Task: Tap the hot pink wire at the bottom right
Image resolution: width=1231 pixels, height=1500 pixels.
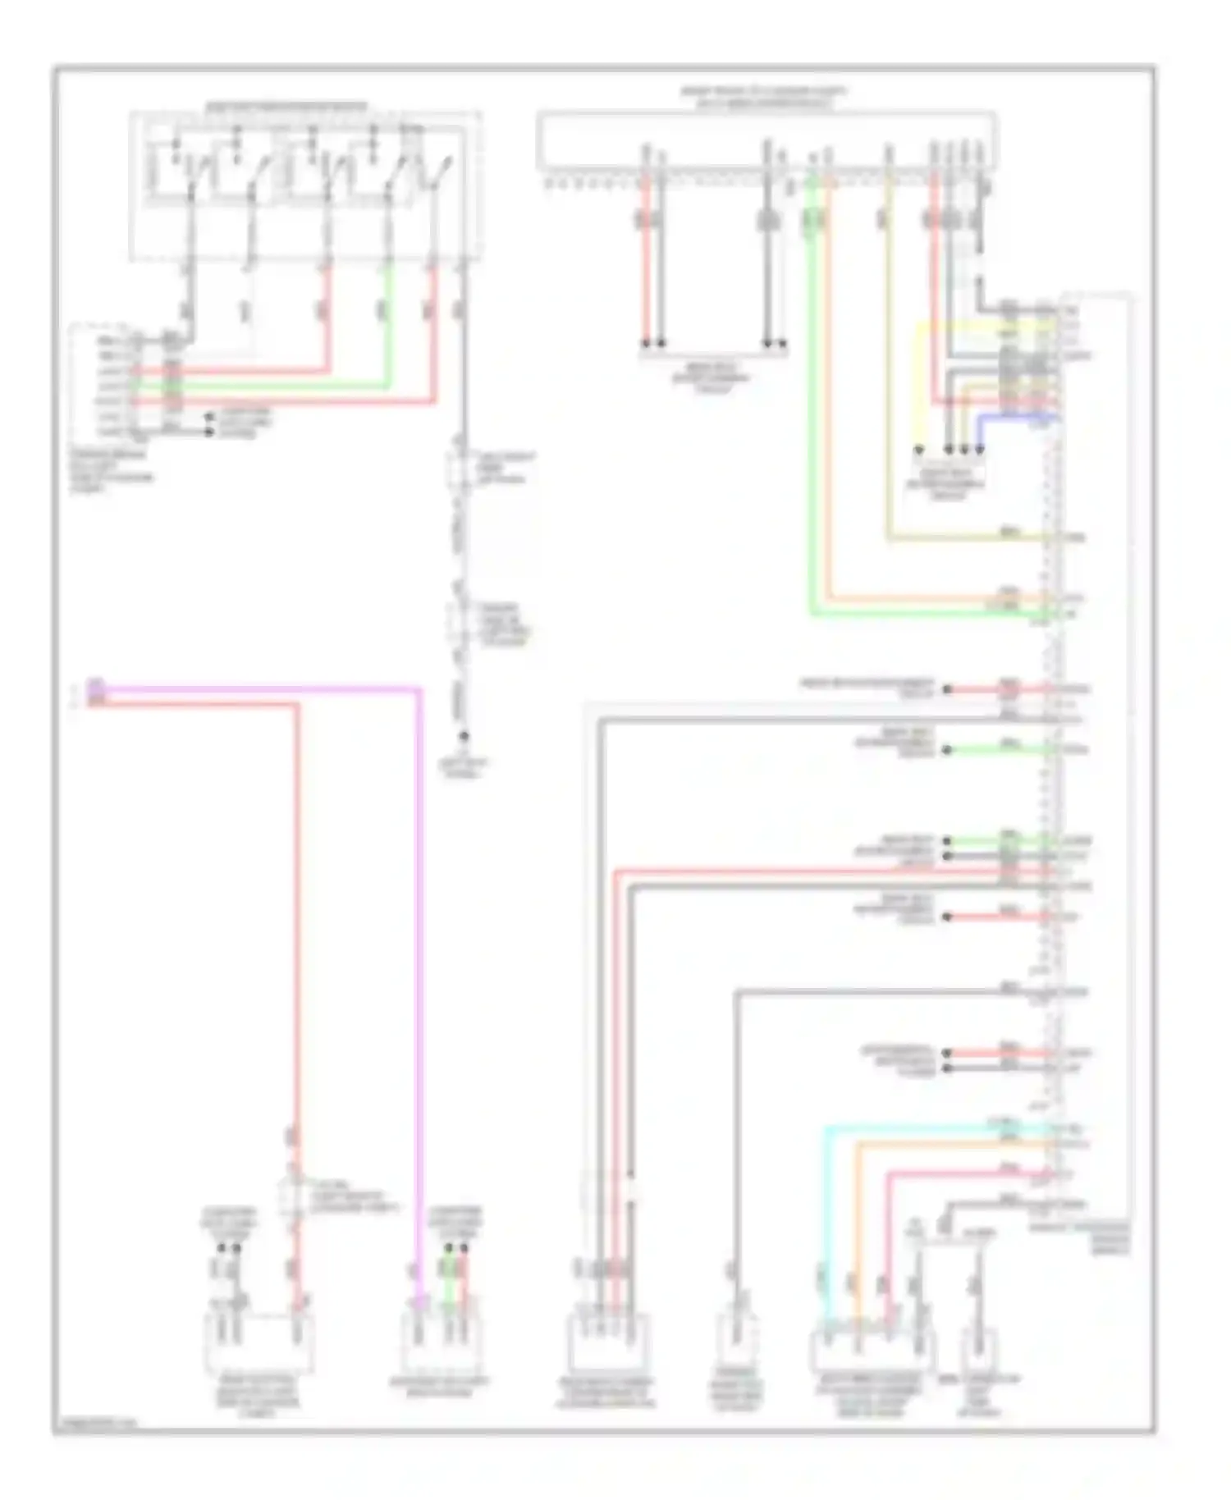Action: click(888, 1231)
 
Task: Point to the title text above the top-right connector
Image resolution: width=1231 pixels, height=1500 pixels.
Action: click(763, 97)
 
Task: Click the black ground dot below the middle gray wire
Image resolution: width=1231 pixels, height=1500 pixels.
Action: click(464, 736)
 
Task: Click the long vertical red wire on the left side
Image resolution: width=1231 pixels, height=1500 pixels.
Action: click(297, 903)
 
